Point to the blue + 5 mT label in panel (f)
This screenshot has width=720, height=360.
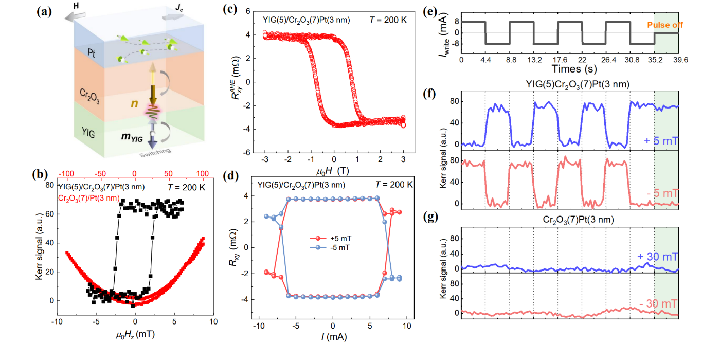pyautogui.click(x=664, y=140)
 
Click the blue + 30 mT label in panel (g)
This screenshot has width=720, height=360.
pyautogui.click(x=662, y=256)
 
